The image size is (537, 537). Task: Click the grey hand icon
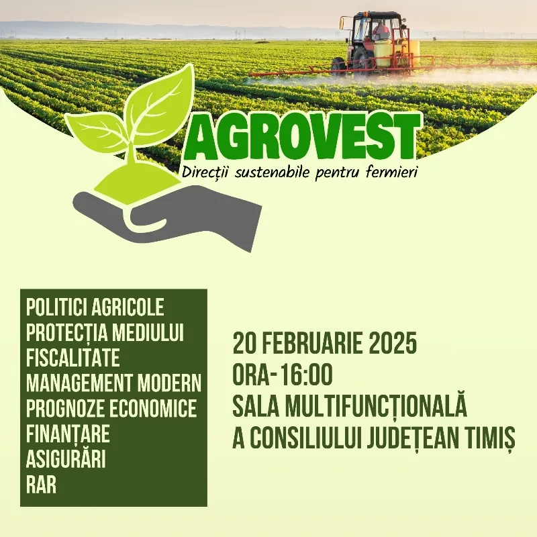click(168, 212)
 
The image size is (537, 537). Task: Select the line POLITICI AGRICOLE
click(95, 308)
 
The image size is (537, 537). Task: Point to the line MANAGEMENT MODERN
click(113, 383)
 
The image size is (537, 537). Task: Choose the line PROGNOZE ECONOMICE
click(111, 408)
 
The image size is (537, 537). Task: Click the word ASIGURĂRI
click(66, 460)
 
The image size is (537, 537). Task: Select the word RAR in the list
click(41, 485)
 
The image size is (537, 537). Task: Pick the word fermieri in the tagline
click(391, 173)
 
